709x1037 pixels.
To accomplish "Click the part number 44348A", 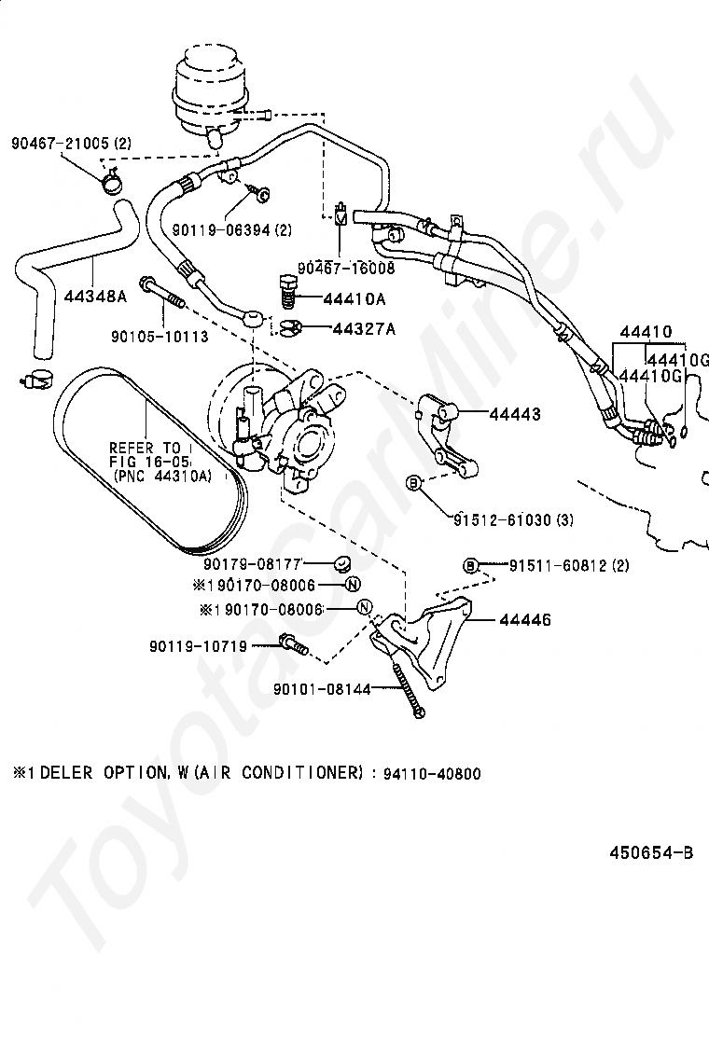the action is pyautogui.click(x=95, y=297).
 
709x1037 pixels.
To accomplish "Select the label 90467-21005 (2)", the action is pyautogui.click(x=72, y=143).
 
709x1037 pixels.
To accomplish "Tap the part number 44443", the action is pyautogui.click(x=515, y=414).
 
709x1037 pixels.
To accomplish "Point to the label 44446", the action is pyautogui.click(x=525, y=620).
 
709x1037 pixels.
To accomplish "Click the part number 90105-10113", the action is pyautogui.click(x=160, y=337).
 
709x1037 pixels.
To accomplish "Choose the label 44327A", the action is pyautogui.click(x=365, y=328).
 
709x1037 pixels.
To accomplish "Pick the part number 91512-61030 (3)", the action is pyautogui.click(x=513, y=519).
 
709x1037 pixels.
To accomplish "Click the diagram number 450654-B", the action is pyautogui.click(x=651, y=852).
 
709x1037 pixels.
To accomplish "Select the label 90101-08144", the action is pyautogui.click(x=322, y=689).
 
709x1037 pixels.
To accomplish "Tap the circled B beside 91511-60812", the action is pyautogui.click(x=470, y=565).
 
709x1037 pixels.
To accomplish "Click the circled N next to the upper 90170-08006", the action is pyautogui.click(x=353, y=584).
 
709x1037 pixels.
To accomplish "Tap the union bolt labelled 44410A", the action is pyautogui.click(x=286, y=291).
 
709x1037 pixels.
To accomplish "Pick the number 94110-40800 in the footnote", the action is pyautogui.click(x=432, y=773).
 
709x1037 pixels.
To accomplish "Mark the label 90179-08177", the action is pyautogui.click(x=253, y=564).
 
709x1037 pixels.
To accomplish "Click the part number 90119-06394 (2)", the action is pyautogui.click(x=232, y=230).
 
